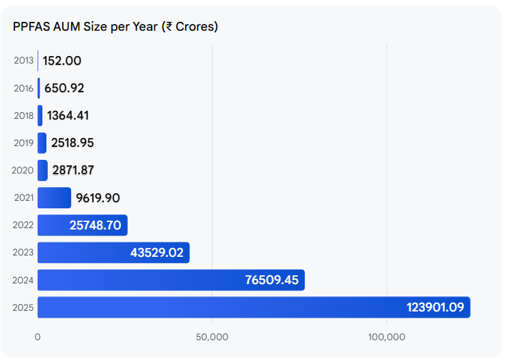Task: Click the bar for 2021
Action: coord(54,198)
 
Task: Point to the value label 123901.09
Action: coord(435,308)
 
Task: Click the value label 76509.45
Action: coord(271,280)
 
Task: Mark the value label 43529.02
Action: coord(156,253)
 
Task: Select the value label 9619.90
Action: coord(98,198)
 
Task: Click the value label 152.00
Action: coord(61,61)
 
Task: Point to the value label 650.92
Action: coord(64,88)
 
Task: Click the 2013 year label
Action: coord(23,61)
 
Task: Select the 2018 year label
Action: coord(23,115)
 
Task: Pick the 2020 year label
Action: coord(23,171)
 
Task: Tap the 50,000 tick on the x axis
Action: coord(212,337)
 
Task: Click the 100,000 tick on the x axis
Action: coord(387,337)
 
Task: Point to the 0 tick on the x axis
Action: coord(38,337)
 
